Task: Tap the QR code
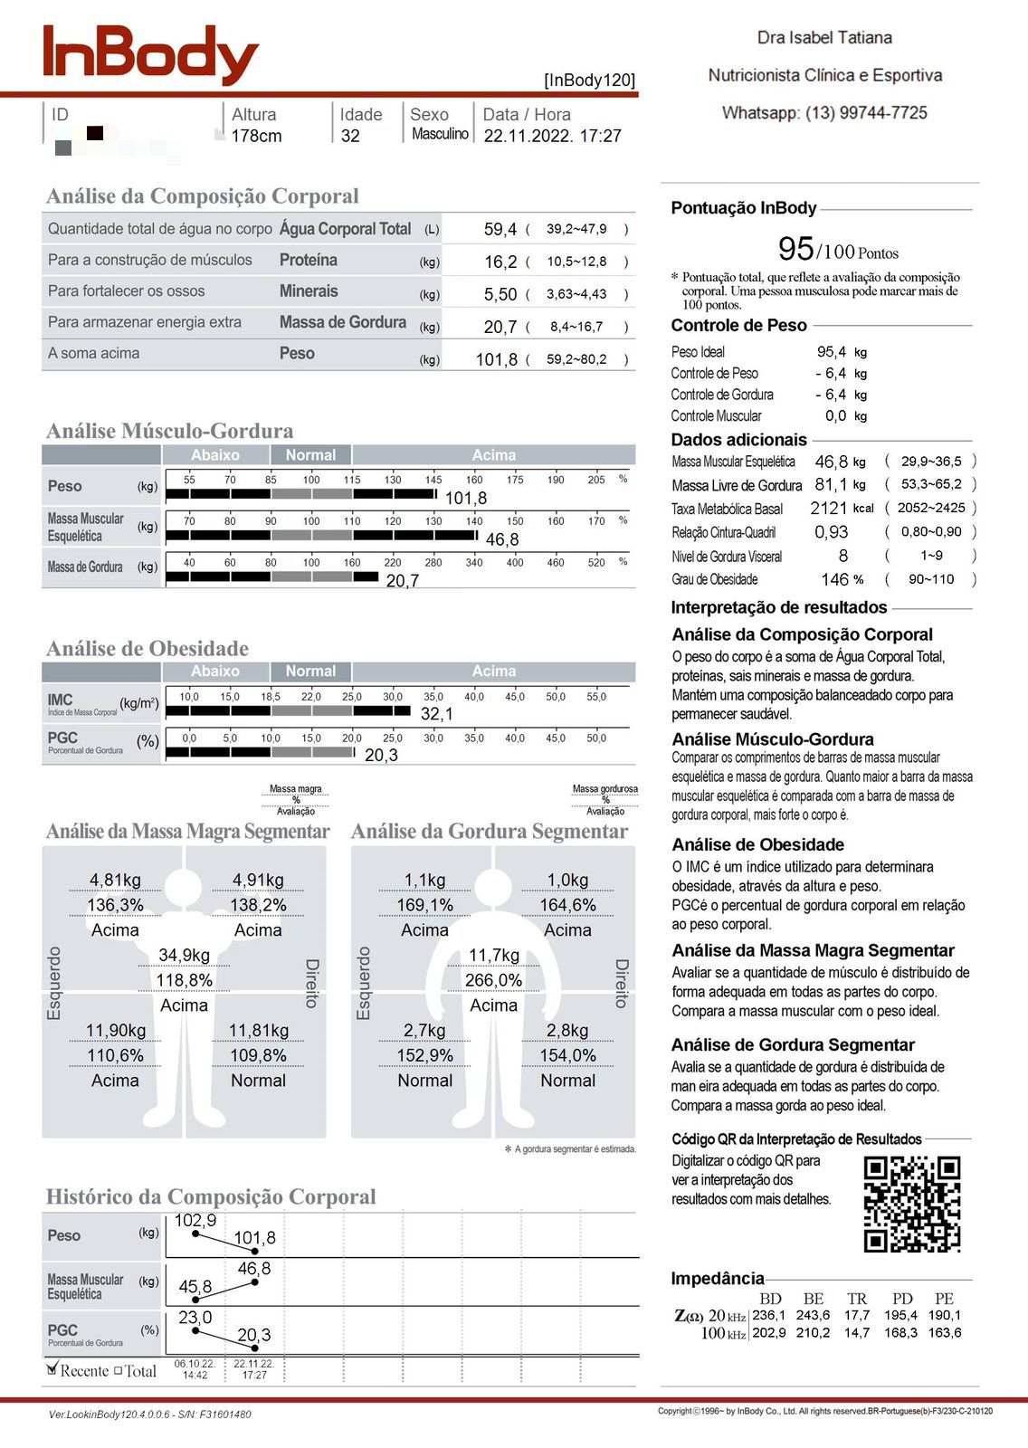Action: [x=911, y=1203]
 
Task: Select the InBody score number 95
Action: [x=795, y=248]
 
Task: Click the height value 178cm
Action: [x=256, y=137]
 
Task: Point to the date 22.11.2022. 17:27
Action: [x=552, y=137]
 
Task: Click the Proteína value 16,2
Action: [x=500, y=262]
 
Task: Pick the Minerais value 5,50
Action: [x=500, y=295]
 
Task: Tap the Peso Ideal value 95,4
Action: [x=832, y=352]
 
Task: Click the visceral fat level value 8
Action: [x=843, y=556]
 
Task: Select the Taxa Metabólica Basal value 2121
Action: [x=829, y=509]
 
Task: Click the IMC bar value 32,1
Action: [x=437, y=714]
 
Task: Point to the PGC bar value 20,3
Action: [x=381, y=756]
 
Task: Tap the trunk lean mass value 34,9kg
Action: [x=184, y=956]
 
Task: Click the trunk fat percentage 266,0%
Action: [x=493, y=980]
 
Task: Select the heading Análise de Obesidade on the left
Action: [x=148, y=649]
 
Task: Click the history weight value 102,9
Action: [x=195, y=1221]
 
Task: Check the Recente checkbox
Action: [x=52, y=1369]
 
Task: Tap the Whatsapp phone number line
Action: [x=824, y=113]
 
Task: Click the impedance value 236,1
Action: [x=769, y=1315]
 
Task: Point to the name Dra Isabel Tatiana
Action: [x=824, y=38]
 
